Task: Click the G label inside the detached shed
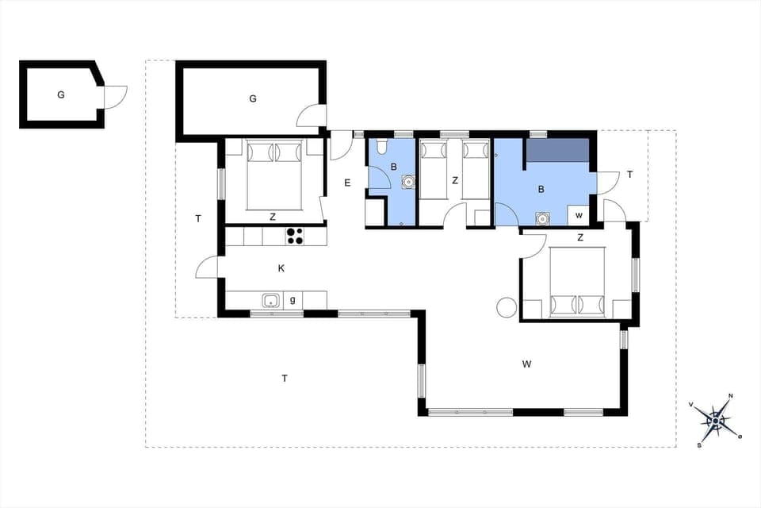click(60, 95)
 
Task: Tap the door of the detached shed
click(116, 98)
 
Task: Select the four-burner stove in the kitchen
click(295, 236)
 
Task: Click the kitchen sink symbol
click(271, 300)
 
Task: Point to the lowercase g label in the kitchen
click(293, 300)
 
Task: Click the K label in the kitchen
click(281, 268)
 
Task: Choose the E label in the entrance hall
click(347, 183)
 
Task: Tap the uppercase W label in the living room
click(526, 364)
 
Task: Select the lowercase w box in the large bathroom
click(579, 215)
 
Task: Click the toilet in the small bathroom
click(381, 147)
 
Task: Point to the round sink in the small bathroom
click(407, 181)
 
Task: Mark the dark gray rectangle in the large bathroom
click(558, 150)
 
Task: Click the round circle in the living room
click(506, 306)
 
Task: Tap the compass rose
click(717, 418)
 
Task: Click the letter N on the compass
click(730, 396)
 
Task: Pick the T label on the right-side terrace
click(630, 175)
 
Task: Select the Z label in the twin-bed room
click(455, 181)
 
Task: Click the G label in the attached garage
click(253, 98)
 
